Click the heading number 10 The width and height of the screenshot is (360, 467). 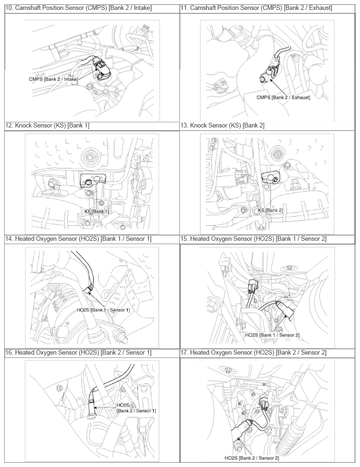pyautogui.click(x=9, y=8)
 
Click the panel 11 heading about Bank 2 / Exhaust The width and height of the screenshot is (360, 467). pyautogui.click(x=256, y=8)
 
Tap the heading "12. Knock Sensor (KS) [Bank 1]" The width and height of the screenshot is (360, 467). pyautogui.click(x=47, y=126)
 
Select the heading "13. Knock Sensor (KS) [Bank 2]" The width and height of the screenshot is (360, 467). pyautogui.click(x=222, y=126)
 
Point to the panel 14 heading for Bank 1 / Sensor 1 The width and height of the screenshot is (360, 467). pyautogui.click(x=78, y=239)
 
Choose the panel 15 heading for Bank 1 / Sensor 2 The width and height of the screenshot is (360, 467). pyautogui.click(x=253, y=239)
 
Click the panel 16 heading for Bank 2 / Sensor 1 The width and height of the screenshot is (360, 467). pyautogui.click(x=78, y=353)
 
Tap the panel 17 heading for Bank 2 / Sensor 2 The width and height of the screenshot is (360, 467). pyautogui.click(x=253, y=353)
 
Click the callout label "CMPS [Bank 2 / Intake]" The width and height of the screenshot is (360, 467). pyautogui.click(x=54, y=79)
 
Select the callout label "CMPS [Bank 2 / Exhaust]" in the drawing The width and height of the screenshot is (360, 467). pyautogui.click(x=283, y=97)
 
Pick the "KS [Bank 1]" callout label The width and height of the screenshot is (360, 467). pyautogui.click(x=97, y=212)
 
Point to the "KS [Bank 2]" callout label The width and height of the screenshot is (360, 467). pyautogui.click(x=270, y=210)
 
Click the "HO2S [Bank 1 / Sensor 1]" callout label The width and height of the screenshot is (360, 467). pyautogui.click(x=103, y=310)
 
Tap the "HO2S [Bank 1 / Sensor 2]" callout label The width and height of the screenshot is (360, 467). pyautogui.click(x=272, y=335)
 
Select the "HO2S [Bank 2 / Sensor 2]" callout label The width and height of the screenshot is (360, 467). pyautogui.click(x=251, y=458)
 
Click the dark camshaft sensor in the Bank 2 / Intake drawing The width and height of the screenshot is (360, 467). pyautogui.click(x=101, y=69)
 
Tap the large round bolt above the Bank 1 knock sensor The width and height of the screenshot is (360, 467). pyautogui.click(x=90, y=156)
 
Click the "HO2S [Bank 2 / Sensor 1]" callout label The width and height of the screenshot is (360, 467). pyautogui.click(x=136, y=408)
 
